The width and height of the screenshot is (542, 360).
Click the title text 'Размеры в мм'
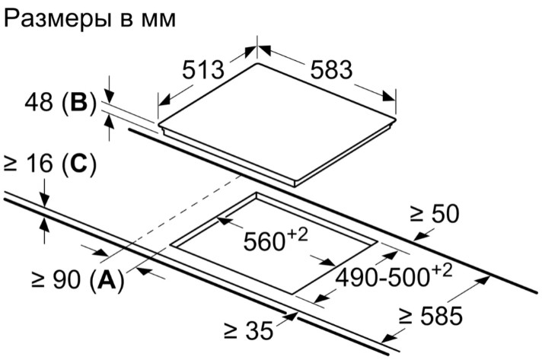coord(90,18)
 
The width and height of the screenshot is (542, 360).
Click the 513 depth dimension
coord(203,70)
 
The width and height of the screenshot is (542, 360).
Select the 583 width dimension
coord(331,70)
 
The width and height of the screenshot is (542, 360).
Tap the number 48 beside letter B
coord(38,102)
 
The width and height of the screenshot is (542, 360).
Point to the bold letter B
coord(79,102)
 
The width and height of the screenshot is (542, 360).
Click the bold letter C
coord(78,164)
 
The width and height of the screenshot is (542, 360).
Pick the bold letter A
coord(106,279)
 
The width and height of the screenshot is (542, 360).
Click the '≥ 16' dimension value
coord(27,164)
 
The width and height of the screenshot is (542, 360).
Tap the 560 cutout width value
coord(263,241)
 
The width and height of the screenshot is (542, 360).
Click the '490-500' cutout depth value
coord(382,278)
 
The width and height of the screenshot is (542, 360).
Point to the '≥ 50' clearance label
coord(435,214)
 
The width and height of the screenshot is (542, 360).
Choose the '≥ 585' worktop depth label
coord(431,315)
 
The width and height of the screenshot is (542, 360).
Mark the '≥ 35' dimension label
coord(248,330)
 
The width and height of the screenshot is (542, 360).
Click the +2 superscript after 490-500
coord(441,271)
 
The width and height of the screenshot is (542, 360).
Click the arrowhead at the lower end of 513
coord(164,100)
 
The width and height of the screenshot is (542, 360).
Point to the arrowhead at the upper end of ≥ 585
coord(483,279)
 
